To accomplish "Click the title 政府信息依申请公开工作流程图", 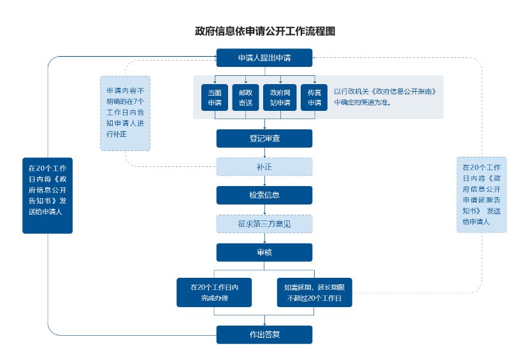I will point(264,31).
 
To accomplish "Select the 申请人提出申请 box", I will point(264,58).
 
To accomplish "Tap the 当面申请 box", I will point(214,97).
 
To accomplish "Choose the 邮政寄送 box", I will point(245,97).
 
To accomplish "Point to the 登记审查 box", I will point(264,138).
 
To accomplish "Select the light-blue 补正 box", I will point(264,167).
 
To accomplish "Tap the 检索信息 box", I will point(264,195).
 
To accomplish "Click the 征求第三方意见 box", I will point(264,224).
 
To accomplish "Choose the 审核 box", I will point(264,252).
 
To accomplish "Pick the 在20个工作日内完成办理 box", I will point(213,292).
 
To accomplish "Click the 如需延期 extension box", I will point(314,292).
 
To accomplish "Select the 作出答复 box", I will point(264,335).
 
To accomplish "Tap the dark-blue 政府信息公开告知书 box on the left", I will point(47,195).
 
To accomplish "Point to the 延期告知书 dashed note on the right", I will point(482,194).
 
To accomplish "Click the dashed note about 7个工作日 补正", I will point(125,113).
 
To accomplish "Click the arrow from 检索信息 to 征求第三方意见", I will point(264,210).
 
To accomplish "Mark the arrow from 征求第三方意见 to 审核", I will point(264,238).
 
